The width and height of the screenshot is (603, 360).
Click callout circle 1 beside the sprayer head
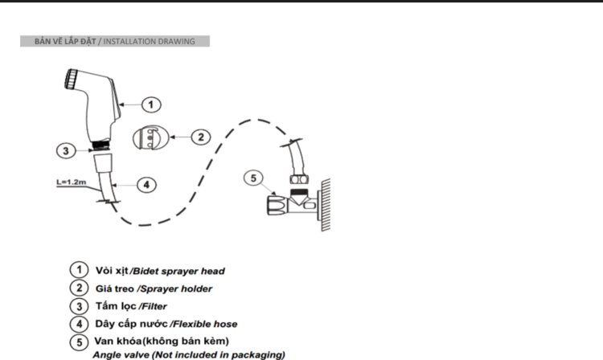151,104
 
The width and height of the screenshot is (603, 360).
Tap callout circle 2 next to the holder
201,137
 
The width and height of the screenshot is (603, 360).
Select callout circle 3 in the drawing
66,150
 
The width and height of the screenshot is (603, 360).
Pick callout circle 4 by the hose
146,185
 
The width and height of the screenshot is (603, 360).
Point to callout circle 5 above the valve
253,178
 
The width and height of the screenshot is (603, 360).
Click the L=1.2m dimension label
71,182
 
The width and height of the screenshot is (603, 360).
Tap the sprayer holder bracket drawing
151,137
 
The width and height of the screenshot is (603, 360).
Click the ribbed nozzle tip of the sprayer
71,80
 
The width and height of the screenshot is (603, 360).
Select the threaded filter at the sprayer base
102,145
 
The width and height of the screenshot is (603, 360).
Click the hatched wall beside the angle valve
326,204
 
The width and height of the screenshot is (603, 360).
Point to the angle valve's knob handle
277,204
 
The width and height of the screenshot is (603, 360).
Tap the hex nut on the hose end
299,179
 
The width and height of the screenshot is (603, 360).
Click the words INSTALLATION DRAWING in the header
150,42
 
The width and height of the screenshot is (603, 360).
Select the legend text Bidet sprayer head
178,272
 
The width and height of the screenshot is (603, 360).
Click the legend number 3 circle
80,307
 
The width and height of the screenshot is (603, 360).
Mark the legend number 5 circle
80,342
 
